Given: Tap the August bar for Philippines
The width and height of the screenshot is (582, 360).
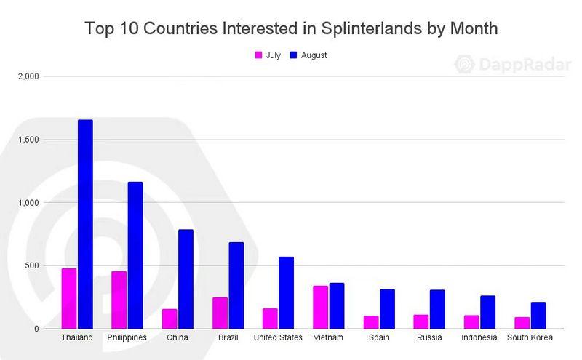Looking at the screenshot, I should point(135,255).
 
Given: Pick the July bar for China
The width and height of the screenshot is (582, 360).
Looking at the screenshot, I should point(170,319).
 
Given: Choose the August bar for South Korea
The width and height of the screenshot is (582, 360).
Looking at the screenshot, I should point(538,315).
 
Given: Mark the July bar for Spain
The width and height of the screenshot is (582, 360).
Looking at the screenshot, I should point(371,322).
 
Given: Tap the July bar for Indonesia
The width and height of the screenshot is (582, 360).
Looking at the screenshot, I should point(471,321).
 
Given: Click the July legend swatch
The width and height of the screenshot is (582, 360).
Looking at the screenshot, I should point(258,55).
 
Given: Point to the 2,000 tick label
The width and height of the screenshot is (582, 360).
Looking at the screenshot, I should point(29,76).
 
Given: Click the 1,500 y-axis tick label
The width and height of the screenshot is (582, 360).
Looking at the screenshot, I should point(29,140).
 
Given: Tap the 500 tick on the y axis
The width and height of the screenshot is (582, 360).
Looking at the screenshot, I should point(33,265).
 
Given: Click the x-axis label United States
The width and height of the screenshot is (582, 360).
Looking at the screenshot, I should point(278,337).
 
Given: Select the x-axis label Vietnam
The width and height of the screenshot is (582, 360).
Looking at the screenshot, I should point(328,337).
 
